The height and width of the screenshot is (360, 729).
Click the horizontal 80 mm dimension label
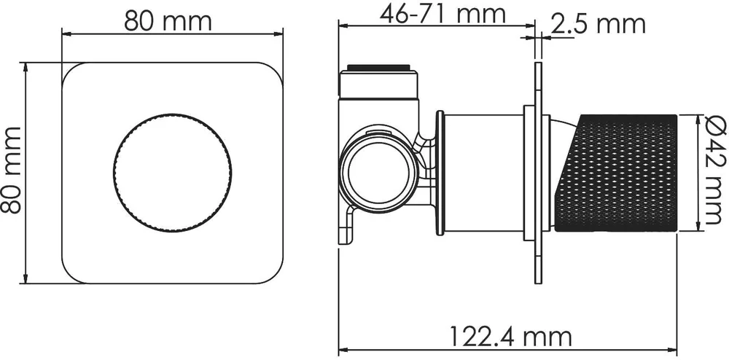coord(168,21)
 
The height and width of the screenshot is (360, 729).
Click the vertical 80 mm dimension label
coord(11,170)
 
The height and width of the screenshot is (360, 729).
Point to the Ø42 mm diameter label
coord(714,171)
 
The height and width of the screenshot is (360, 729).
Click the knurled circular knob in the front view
coord(172,172)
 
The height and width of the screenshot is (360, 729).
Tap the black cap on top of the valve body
coord(379,68)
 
